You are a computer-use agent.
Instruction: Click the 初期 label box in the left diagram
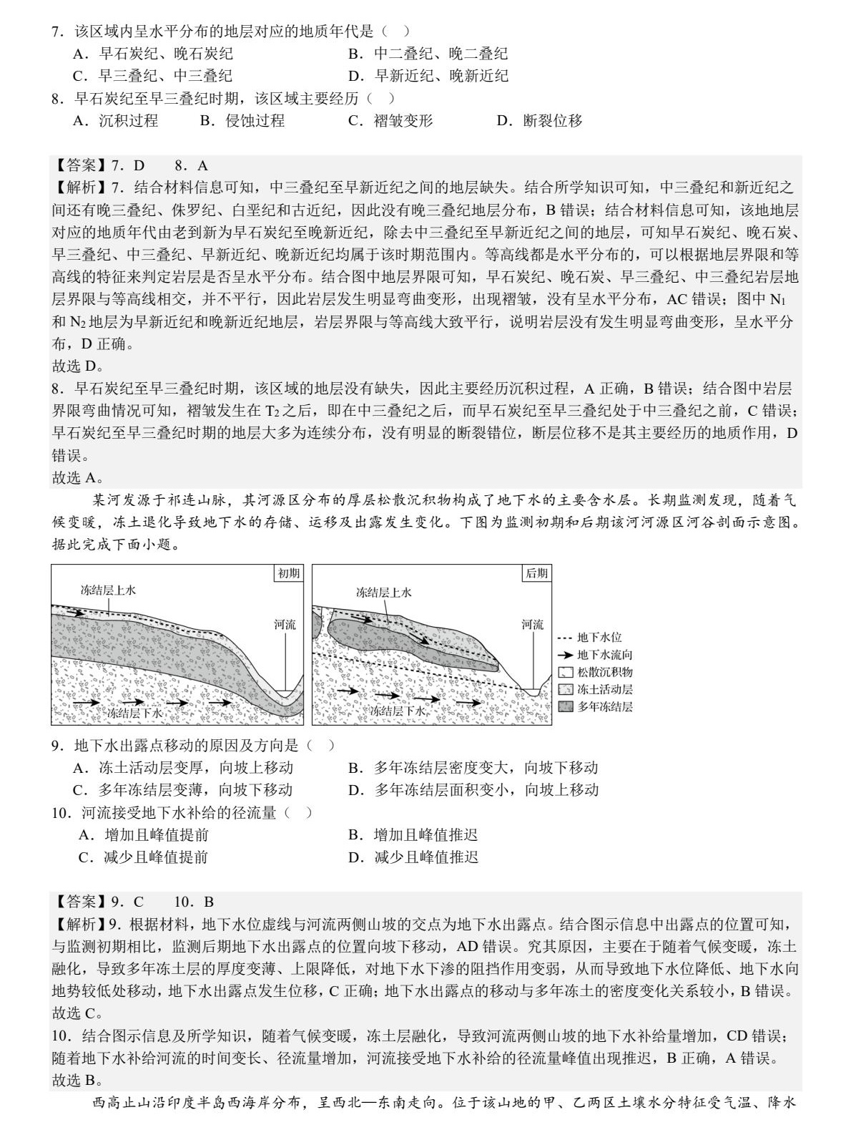point(289,573)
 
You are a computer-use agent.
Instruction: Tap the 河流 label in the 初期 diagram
point(285,625)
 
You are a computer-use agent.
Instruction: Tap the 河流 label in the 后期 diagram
point(532,625)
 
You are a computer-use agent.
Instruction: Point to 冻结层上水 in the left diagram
point(108,590)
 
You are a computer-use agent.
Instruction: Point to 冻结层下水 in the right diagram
point(397,711)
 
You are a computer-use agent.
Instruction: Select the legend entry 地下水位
point(599,637)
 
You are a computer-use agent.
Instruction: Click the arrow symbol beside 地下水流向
point(565,655)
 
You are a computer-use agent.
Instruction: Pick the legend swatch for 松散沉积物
point(565,672)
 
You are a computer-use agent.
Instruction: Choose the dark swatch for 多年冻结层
point(565,707)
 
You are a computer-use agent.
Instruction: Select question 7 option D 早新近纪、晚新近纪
point(428,76)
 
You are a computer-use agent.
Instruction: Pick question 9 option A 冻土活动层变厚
point(183,768)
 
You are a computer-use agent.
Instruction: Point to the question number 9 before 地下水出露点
point(59,746)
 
